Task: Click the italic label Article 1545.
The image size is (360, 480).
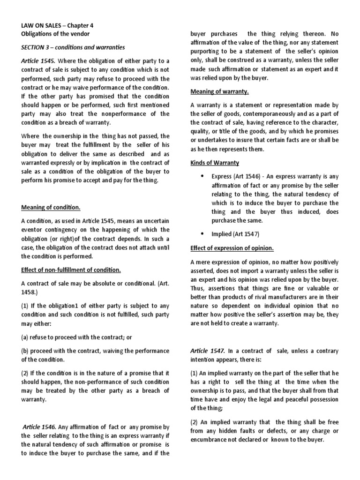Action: tap(38, 61)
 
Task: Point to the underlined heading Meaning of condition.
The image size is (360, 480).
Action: tap(51, 208)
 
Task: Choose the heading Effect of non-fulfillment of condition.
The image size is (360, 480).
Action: tap(71, 270)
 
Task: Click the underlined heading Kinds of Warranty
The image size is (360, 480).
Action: tap(215, 163)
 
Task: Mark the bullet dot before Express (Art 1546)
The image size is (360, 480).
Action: tap(202, 176)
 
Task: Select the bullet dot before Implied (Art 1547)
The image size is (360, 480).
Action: tap(202, 233)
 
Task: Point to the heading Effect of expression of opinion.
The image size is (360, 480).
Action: tap(232, 247)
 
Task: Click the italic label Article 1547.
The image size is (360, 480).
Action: tap(208, 351)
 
